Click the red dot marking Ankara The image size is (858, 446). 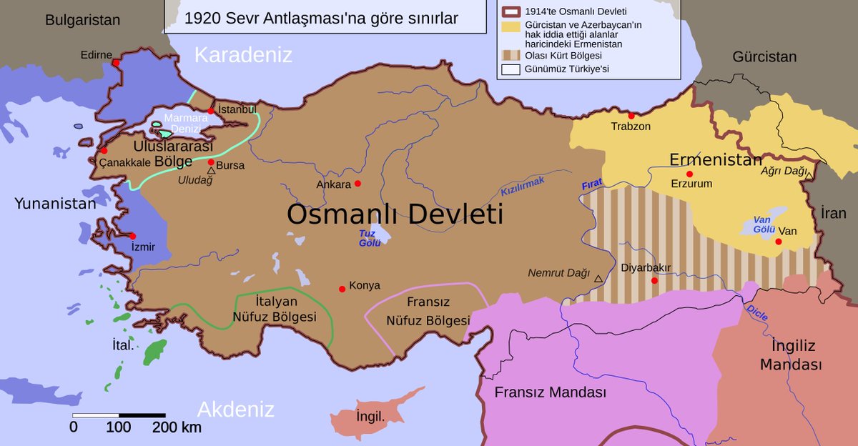(357, 184)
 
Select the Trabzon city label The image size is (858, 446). (631, 127)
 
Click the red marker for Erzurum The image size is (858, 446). (689, 174)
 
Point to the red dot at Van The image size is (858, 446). (779, 242)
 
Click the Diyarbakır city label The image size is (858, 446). (646, 268)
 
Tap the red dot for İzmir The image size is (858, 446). (132, 236)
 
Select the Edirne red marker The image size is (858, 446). (115, 63)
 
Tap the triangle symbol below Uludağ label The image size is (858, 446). (211, 171)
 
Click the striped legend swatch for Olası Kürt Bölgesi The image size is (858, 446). (511, 55)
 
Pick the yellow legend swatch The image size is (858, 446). (511, 26)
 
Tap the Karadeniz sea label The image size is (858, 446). (244, 54)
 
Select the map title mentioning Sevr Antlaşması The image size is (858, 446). (321, 18)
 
